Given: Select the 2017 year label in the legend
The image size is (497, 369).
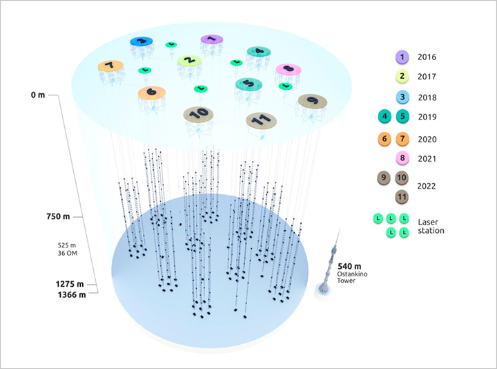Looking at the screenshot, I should click(x=427, y=77).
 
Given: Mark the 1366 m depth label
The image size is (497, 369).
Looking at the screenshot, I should click(x=71, y=296).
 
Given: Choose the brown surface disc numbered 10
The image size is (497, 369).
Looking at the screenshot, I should click(x=197, y=112).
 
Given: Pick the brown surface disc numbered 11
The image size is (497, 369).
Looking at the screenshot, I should click(x=261, y=120).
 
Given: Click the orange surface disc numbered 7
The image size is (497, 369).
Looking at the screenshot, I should click(x=110, y=66).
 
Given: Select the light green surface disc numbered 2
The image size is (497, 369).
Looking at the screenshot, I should click(x=188, y=61).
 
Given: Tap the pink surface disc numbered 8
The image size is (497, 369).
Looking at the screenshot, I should click(x=288, y=69).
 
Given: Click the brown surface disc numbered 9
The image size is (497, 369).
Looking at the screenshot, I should click(x=313, y=101).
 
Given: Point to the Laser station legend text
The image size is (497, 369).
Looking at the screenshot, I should click(x=431, y=226).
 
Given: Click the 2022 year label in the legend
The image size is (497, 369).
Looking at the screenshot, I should click(x=427, y=186).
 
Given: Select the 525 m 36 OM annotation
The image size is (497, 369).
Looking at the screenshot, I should click(x=70, y=249).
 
